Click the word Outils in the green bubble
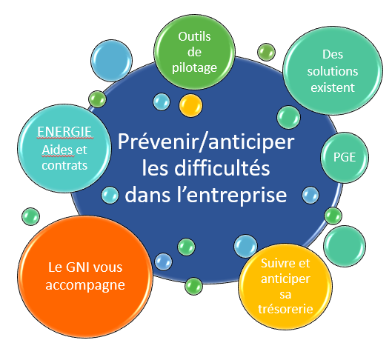[194, 37]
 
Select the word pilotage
[194, 68]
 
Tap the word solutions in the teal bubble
[333, 71]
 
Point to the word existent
[333, 87]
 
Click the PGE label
[345, 157]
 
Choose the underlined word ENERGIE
[64, 132]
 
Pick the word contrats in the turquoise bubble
[64, 166]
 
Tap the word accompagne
[85, 285]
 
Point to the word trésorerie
[285, 309]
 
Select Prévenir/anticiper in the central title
[206, 141]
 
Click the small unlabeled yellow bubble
[190, 105]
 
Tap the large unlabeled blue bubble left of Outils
[111, 61]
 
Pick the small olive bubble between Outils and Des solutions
[266, 52]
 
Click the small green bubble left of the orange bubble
[30, 216]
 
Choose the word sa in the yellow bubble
[285, 295]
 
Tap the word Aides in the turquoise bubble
[58, 150]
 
